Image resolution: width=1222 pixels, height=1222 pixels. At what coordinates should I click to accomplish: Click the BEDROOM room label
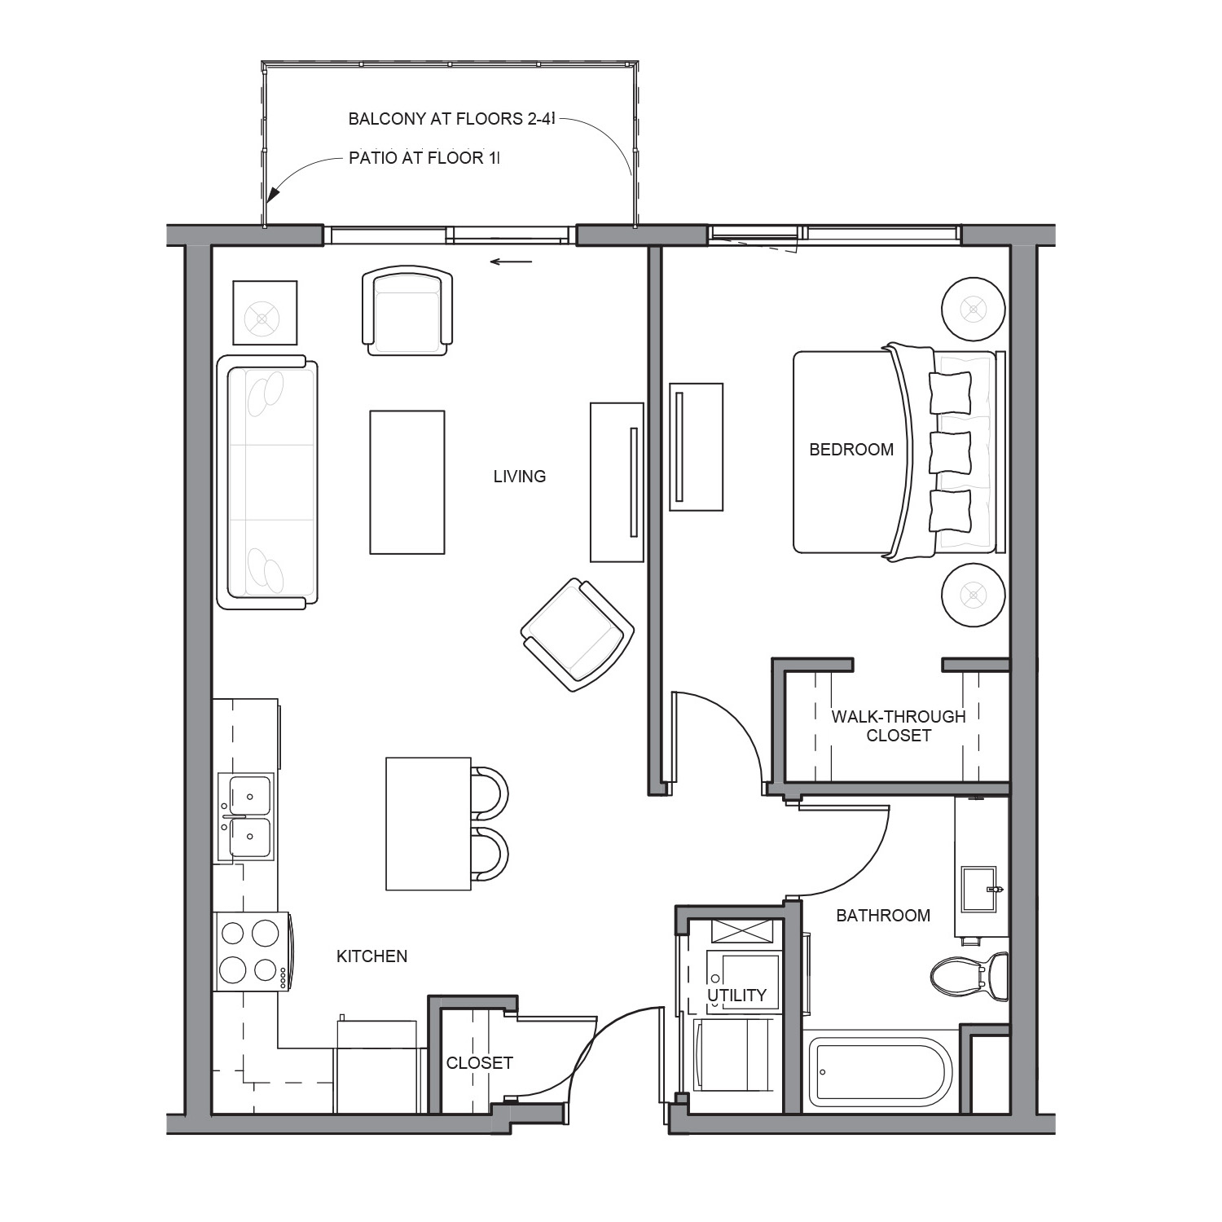pos(851,449)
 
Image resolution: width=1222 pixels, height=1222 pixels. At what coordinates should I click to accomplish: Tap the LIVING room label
pos(520,477)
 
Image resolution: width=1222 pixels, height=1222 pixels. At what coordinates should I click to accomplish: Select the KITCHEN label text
pos(372,956)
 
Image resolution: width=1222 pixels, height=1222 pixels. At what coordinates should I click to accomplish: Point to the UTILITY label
pos(736,996)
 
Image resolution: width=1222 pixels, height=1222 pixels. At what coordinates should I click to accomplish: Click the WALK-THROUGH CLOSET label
pos(899,726)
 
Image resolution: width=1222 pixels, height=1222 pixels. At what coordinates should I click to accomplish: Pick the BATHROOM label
pos(883,916)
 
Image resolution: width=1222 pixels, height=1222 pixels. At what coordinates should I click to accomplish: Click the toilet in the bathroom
pos(969,977)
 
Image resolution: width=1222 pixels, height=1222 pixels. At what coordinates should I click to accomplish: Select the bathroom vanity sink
pos(980,889)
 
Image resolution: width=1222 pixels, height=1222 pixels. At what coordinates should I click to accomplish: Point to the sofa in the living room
pos(267,482)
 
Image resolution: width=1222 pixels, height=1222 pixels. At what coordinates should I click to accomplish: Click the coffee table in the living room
pos(407,482)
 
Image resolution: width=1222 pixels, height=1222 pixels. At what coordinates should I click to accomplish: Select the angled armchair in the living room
pos(578,635)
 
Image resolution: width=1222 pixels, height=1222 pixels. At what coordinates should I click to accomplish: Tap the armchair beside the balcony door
pos(407,310)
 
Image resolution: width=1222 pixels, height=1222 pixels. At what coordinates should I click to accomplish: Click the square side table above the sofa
pos(265,313)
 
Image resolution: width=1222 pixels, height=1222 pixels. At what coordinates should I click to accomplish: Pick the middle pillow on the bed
pos(951,452)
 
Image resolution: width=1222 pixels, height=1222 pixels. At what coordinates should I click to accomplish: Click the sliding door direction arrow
pos(511,262)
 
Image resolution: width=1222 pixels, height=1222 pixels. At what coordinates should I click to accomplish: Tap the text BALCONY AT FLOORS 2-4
pos(451,119)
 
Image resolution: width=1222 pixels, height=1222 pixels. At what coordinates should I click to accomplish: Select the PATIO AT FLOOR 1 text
pos(424,158)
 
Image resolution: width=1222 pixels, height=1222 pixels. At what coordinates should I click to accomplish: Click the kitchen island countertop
pos(429,824)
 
